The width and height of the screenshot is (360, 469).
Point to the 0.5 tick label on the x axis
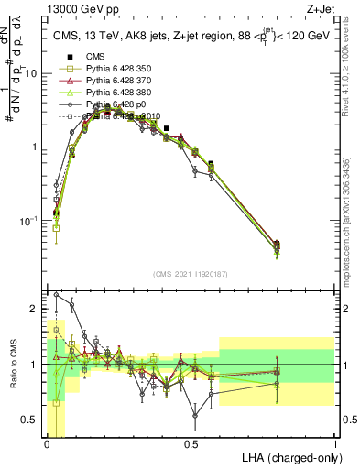(x=191, y=442)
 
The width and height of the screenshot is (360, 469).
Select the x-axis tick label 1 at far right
(x=334, y=442)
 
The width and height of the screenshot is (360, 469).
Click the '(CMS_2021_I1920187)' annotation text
(x=191, y=273)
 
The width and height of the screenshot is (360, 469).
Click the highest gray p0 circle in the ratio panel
(x=57, y=295)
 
